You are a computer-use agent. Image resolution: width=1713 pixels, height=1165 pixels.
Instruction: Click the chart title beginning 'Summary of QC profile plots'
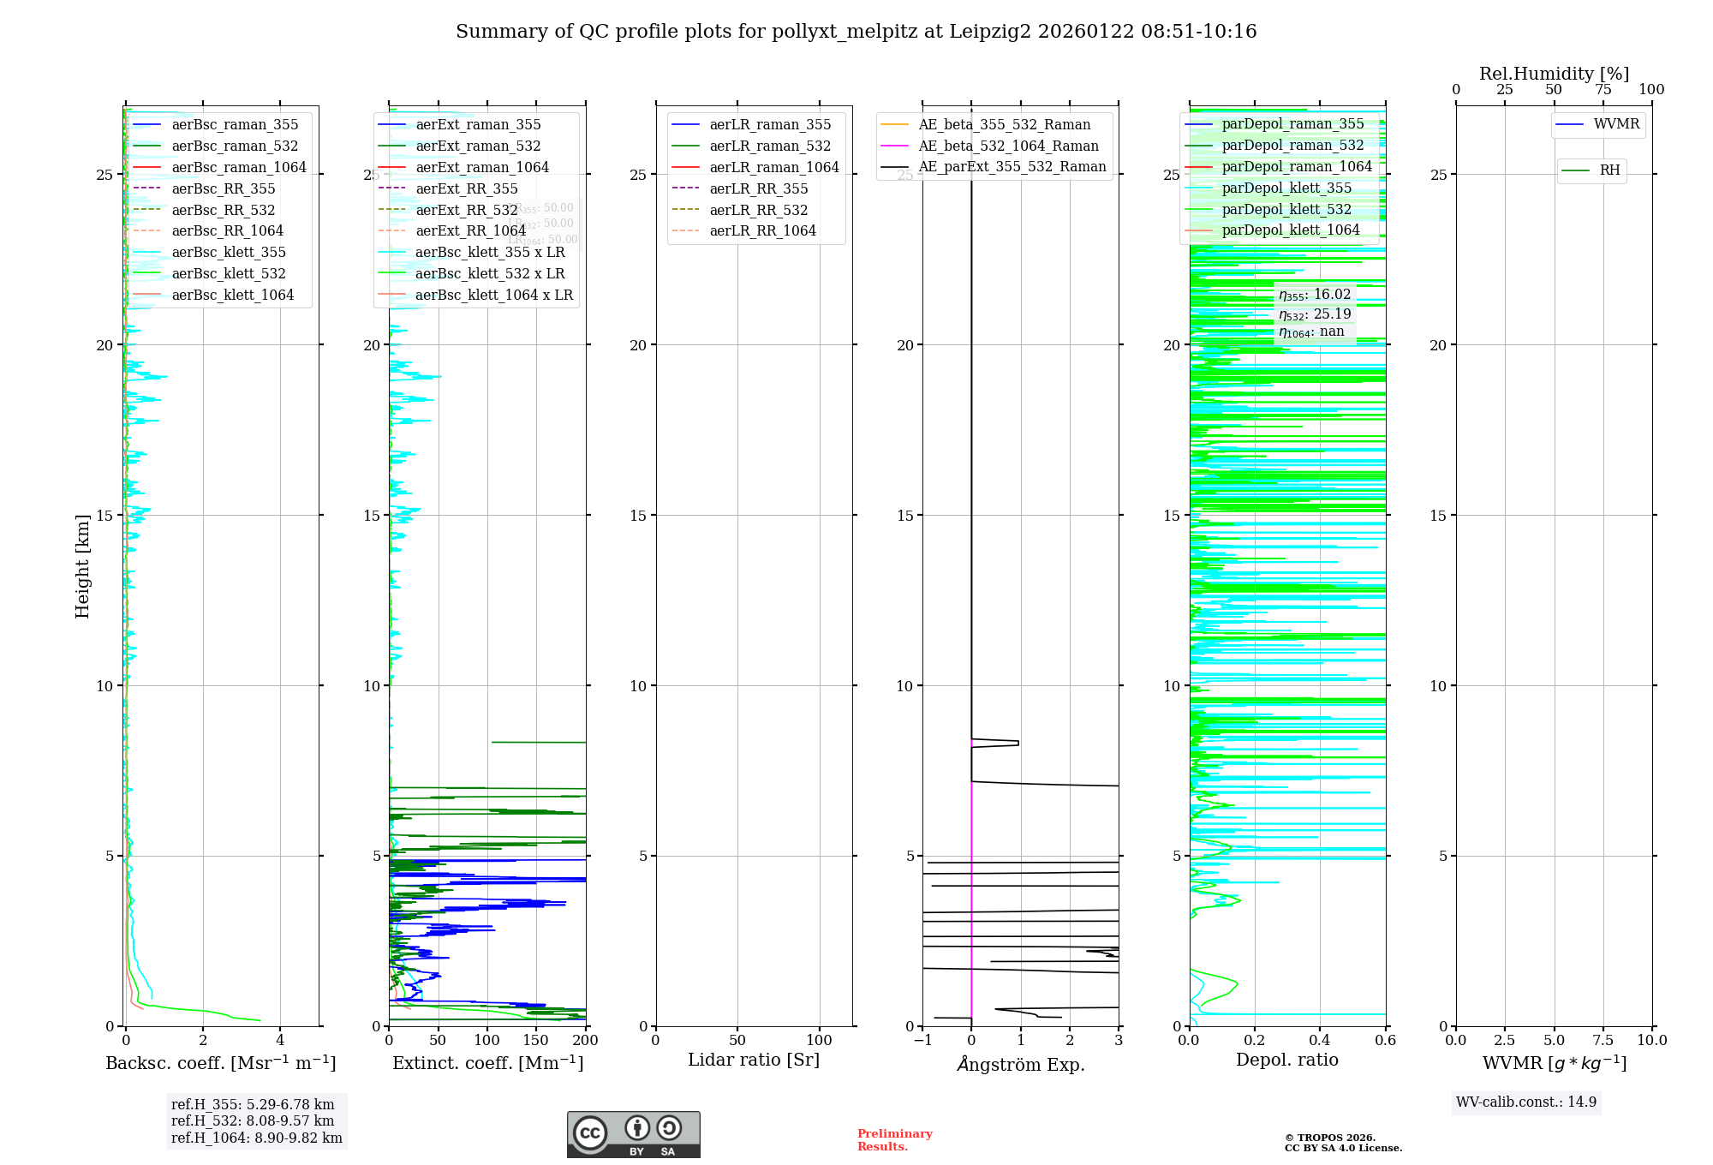click(x=856, y=32)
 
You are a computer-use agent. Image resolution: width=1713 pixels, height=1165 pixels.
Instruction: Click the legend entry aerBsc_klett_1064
click(x=232, y=295)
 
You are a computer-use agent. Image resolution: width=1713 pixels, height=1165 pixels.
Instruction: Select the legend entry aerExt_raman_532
click(x=478, y=146)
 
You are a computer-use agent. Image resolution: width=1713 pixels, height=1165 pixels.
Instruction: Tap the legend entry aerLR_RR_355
click(x=758, y=188)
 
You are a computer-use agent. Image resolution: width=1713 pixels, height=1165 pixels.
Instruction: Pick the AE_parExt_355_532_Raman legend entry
click(x=1012, y=166)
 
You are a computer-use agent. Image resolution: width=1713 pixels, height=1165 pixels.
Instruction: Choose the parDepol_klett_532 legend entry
click(x=1286, y=209)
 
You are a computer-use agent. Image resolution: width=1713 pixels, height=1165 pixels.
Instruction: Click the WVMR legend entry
click(x=1615, y=124)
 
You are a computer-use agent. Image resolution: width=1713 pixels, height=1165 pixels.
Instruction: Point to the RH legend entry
click(x=1609, y=170)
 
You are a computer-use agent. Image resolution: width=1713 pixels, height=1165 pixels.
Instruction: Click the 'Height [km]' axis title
click(x=82, y=566)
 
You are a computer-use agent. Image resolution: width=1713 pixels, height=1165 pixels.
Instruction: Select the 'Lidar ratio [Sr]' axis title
click(x=754, y=1060)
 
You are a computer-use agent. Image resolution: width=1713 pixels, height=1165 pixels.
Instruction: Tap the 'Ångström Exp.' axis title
click(x=1020, y=1064)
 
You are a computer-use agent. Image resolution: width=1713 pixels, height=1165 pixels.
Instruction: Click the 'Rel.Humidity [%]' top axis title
click(x=1554, y=74)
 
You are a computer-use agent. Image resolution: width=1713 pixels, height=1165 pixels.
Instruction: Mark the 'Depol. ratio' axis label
click(x=1286, y=1060)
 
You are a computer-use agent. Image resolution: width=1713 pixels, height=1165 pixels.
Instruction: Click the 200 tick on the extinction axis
click(x=586, y=1041)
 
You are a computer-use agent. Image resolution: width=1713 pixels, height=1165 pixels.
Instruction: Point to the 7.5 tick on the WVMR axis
click(x=1603, y=1041)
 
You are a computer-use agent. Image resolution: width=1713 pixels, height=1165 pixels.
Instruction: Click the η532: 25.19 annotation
click(x=1315, y=314)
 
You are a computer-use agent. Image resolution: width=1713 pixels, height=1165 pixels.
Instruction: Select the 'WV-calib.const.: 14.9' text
click(x=1525, y=1102)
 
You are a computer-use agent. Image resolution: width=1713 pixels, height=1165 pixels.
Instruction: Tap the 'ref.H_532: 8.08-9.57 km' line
click(x=253, y=1120)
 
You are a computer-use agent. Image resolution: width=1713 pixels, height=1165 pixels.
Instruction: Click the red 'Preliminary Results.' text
click(x=894, y=1139)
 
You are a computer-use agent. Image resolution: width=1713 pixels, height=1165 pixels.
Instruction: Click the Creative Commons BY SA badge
click(x=633, y=1134)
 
